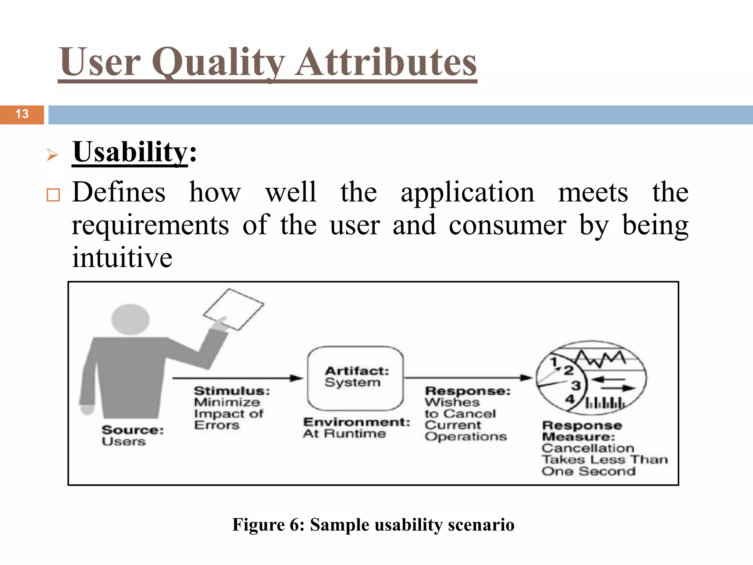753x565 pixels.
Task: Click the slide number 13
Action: tap(22, 114)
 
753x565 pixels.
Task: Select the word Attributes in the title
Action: tap(386, 63)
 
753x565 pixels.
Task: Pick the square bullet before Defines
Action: tap(53, 195)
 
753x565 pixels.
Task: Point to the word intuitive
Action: tap(122, 257)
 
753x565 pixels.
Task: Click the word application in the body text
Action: tap(467, 193)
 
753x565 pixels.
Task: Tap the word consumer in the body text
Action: tap(507, 225)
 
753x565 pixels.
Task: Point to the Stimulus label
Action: tap(232, 391)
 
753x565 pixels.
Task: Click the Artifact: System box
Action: tap(356, 378)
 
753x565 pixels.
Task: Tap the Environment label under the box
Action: tap(356, 422)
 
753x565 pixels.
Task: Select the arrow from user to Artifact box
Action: tap(237, 378)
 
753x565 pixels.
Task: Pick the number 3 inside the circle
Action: tap(576, 386)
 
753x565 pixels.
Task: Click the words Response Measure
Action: tap(582, 431)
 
